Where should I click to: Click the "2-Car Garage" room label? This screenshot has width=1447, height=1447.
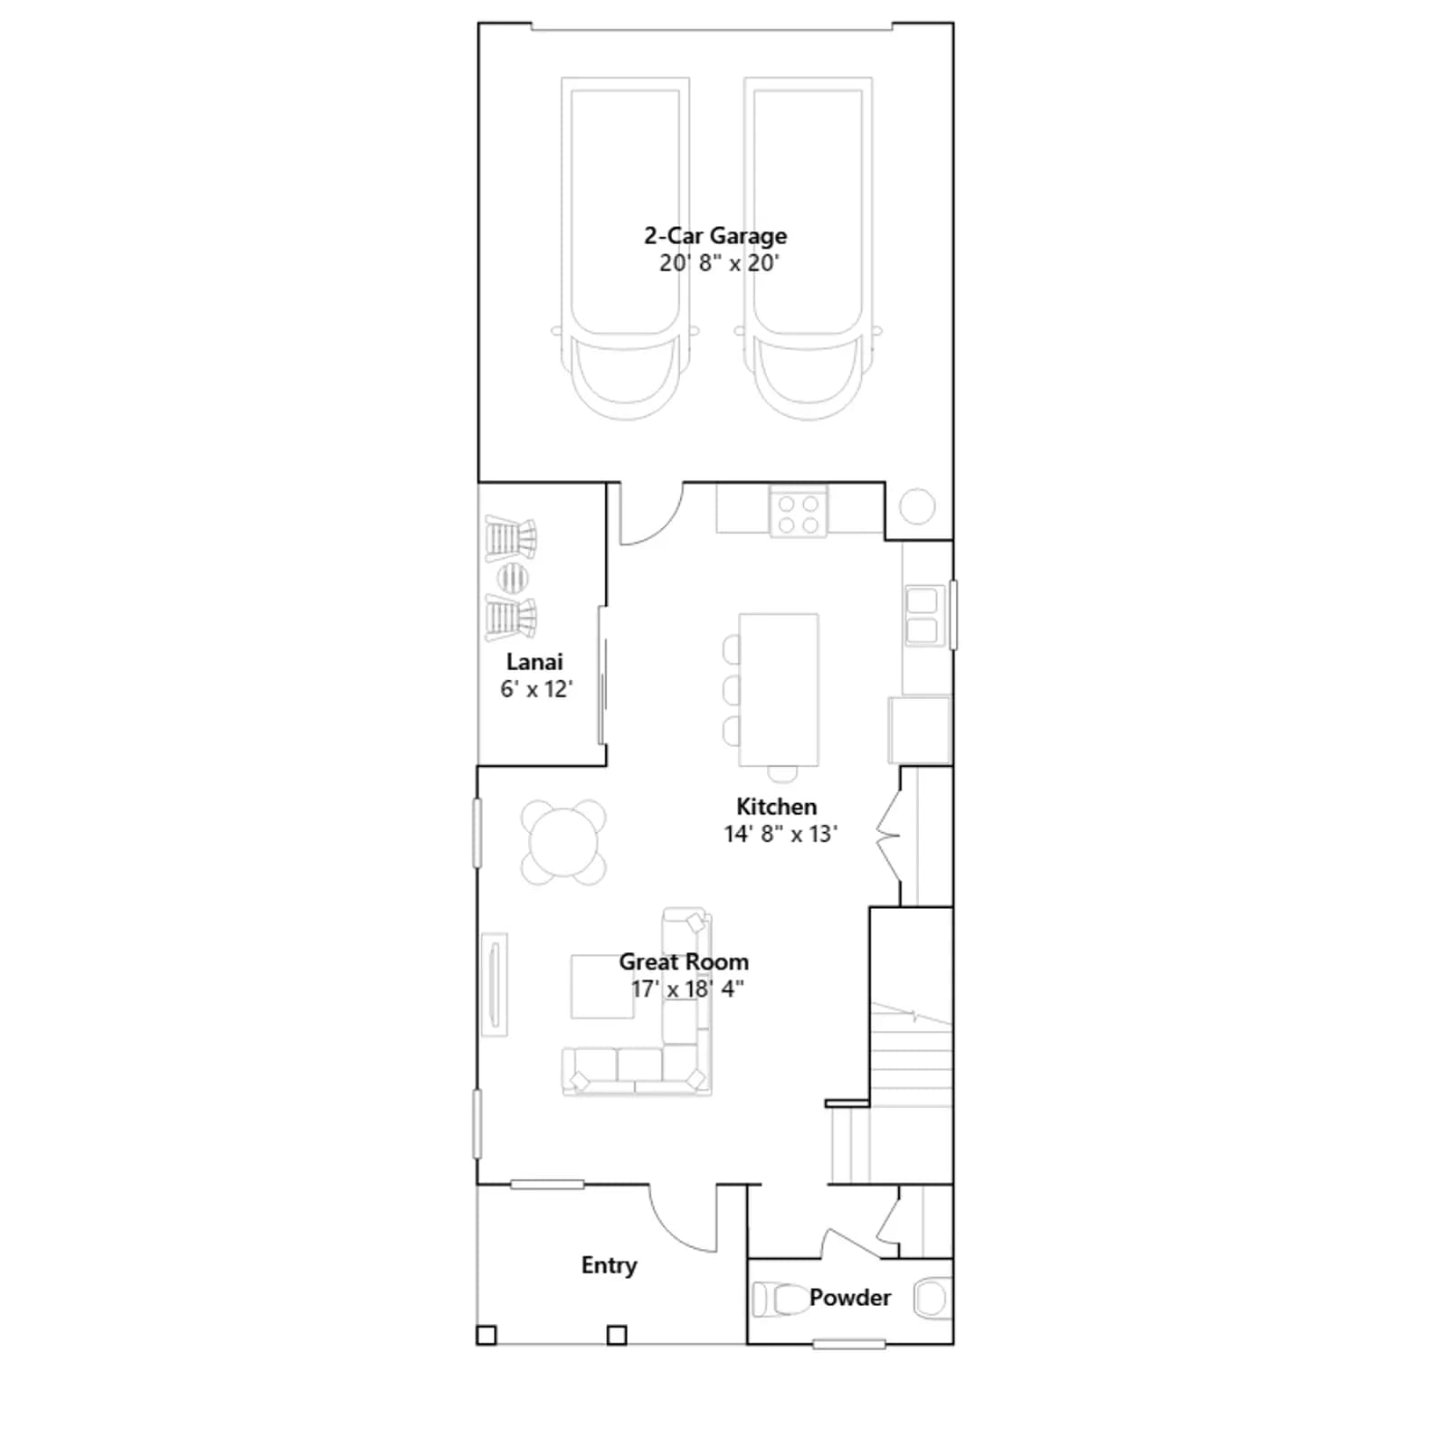pyautogui.click(x=715, y=236)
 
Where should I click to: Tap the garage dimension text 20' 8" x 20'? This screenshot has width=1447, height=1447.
pyautogui.click(x=719, y=263)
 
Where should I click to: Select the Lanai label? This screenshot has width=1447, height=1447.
pyautogui.click(x=534, y=662)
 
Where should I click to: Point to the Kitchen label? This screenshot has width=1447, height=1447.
pyautogui.click(x=776, y=807)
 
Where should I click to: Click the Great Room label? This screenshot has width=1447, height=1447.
pyautogui.click(x=684, y=961)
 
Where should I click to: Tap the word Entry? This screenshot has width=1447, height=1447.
pyautogui.click(x=609, y=1265)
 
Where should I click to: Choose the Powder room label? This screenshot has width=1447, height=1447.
pyautogui.click(x=850, y=1298)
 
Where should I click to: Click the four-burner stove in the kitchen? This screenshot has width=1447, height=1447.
pyautogui.click(x=799, y=512)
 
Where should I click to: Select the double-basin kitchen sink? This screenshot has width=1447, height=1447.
pyautogui.click(x=923, y=616)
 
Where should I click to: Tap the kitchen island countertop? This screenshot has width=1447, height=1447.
pyautogui.click(x=779, y=690)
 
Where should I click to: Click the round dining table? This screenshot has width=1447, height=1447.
pyautogui.click(x=563, y=843)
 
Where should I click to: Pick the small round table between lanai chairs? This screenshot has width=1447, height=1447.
pyautogui.click(x=512, y=577)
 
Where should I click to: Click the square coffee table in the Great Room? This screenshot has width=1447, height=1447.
pyautogui.click(x=602, y=987)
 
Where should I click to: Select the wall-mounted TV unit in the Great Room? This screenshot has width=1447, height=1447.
pyautogui.click(x=495, y=984)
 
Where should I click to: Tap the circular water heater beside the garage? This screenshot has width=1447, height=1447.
pyautogui.click(x=917, y=506)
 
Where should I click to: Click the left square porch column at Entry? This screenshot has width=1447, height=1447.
pyautogui.click(x=487, y=1335)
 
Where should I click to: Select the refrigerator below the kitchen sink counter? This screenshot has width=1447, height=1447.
pyautogui.click(x=920, y=731)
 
